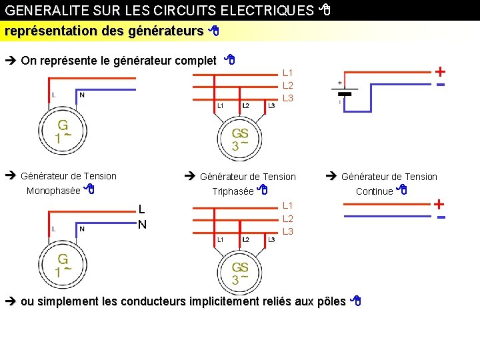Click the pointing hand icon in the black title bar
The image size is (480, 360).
(x=325, y=10)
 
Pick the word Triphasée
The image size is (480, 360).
(x=233, y=192)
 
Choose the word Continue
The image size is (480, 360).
(x=375, y=191)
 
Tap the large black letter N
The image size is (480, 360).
(x=142, y=225)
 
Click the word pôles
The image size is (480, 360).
(x=333, y=301)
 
